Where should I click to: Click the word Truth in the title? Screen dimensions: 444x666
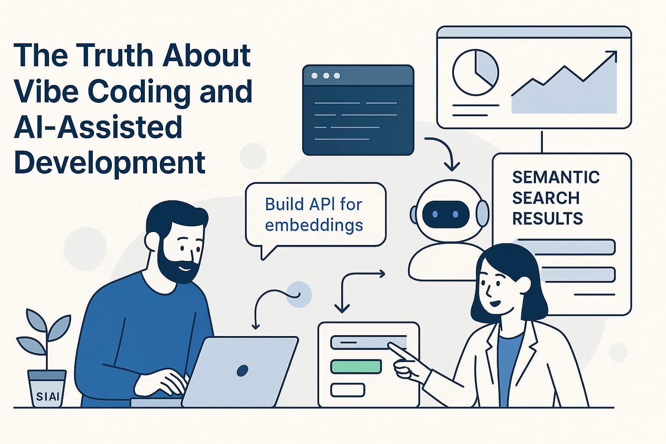click(116, 55)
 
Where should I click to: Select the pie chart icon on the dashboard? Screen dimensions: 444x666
click(475, 72)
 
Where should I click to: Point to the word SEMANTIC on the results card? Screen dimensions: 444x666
click(555, 177)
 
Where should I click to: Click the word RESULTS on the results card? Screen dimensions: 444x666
click(547, 218)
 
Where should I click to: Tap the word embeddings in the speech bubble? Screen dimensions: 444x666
click(314, 225)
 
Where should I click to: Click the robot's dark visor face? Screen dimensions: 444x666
click(445, 214)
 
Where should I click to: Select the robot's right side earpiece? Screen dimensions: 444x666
click(483, 214)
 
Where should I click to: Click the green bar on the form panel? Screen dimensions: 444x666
click(356, 366)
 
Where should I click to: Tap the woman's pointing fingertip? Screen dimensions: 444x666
click(390, 344)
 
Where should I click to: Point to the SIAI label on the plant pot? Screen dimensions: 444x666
click(47, 396)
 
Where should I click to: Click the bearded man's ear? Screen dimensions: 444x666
click(153, 241)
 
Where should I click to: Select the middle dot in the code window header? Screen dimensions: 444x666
click(326, 76)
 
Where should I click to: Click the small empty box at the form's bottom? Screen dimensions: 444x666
click(347, 390)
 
